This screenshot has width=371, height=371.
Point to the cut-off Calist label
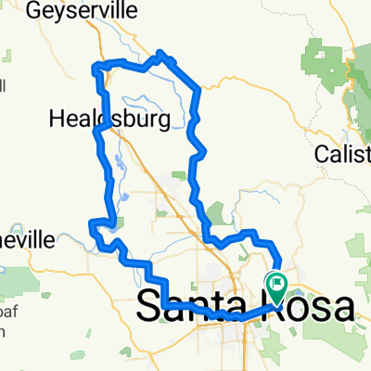(x=342, y=152)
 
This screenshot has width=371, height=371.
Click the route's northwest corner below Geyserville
(x=94, y=65)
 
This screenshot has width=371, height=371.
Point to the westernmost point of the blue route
(x=90, y=224)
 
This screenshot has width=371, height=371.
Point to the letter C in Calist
(x=321, y=152)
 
